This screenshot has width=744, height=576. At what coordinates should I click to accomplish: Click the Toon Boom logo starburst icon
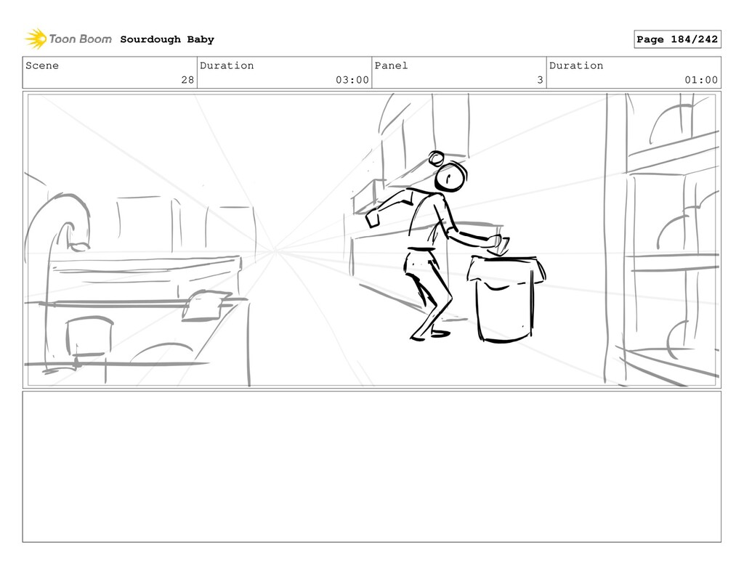click(36, 38)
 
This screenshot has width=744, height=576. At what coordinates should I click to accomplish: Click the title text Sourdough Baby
click(167, 39)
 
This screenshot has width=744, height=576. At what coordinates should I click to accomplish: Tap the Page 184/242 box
click(677, 39)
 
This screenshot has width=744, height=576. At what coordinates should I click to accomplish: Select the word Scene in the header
click(42, 65)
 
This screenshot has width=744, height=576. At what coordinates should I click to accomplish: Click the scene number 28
click(188, 80)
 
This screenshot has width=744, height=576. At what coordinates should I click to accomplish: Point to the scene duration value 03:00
click(352, 80)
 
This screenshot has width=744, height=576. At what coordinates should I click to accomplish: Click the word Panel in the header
click(391, 65)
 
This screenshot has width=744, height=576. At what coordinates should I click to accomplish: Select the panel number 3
click(540, 80)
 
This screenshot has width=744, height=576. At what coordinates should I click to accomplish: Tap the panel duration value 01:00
click(701, 80)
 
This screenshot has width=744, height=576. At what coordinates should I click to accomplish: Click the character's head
click(450, 177)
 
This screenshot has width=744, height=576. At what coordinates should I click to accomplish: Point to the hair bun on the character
click(436, 158)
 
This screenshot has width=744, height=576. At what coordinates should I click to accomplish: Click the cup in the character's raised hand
click(373, 219)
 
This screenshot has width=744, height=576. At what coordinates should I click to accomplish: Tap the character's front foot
click(440, 334)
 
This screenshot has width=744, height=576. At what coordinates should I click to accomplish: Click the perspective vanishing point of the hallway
click(275, 251)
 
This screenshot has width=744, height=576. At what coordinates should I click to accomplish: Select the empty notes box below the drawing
click(371, 466)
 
